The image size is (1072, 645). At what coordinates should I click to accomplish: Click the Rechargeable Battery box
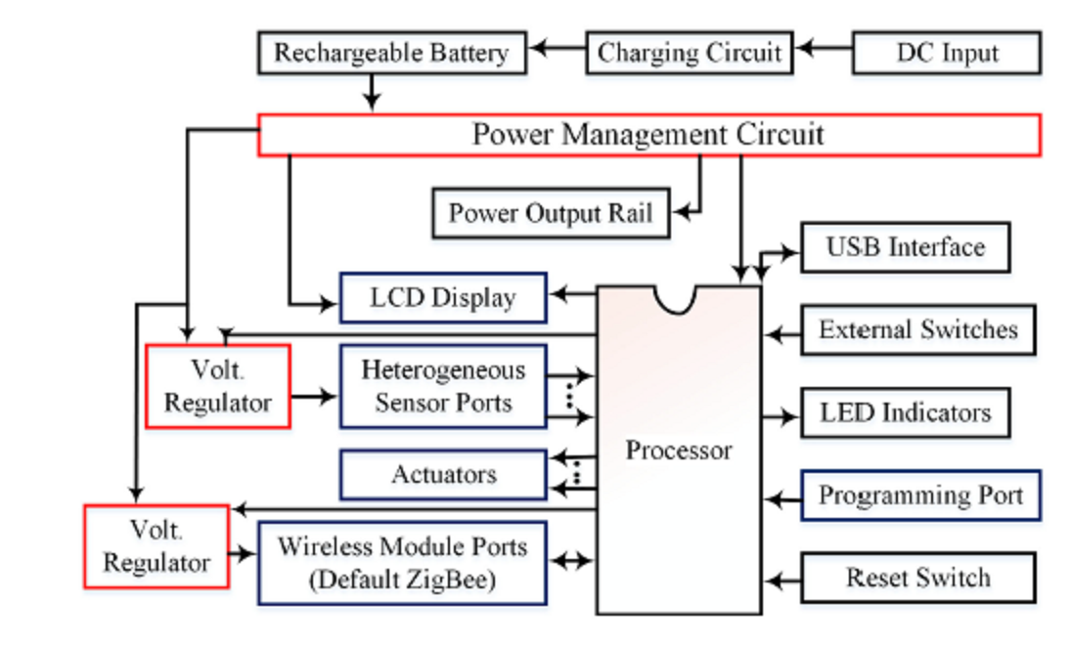tap(391, 53)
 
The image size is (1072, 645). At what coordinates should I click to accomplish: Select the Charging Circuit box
tap(689, 53)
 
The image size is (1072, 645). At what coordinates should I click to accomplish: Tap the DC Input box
tap(946, 53)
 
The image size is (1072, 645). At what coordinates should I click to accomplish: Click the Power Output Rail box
tap(551, 213)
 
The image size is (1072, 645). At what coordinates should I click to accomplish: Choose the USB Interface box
tap(905, 247)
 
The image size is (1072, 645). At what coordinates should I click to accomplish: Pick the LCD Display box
tap(442, 298)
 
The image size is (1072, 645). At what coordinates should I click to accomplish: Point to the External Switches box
tap(917, 330)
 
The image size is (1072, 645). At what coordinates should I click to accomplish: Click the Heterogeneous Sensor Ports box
tap(442, 386)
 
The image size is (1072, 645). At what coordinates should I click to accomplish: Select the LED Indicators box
tap(905, 412)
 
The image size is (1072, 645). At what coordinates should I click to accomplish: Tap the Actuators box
tap(442, 475)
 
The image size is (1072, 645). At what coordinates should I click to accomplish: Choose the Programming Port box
tap(919, 495)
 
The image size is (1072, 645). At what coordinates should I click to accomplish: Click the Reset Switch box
tap(917, 578)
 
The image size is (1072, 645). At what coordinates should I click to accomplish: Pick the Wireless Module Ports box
tap(401, 563)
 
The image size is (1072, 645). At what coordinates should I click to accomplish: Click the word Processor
tap(679, 451)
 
